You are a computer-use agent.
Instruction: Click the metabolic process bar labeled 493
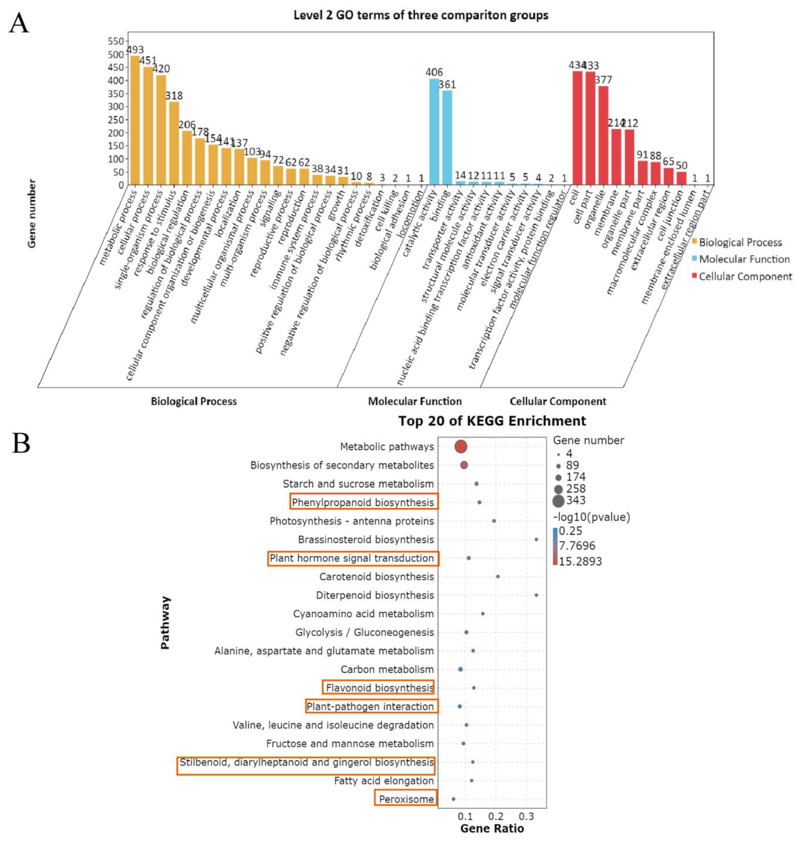[x=135, y=120]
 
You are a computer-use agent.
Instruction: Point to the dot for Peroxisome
[x=453, y=799]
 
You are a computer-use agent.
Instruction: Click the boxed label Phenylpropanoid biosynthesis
[x=364, y=502]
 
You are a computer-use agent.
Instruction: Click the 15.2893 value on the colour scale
[x=580, y=561]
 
